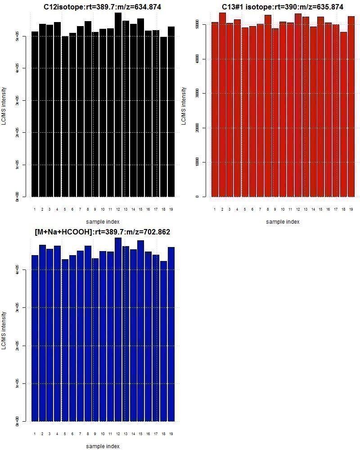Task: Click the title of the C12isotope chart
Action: (103, 7)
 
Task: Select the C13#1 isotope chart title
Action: (283, 7)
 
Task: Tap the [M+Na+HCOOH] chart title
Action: (103, 232)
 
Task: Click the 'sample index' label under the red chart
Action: (283, 221)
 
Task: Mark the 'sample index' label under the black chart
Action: (103, 221)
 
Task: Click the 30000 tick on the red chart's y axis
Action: (197, 94)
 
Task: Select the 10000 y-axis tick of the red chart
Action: (197, 162)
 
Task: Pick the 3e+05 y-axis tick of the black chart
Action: (17, 100)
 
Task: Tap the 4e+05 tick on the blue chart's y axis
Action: (17, 270)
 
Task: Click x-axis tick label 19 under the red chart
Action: (351, 209)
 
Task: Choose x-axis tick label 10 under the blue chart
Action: (103, 434)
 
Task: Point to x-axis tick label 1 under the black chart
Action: (35, 209)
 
